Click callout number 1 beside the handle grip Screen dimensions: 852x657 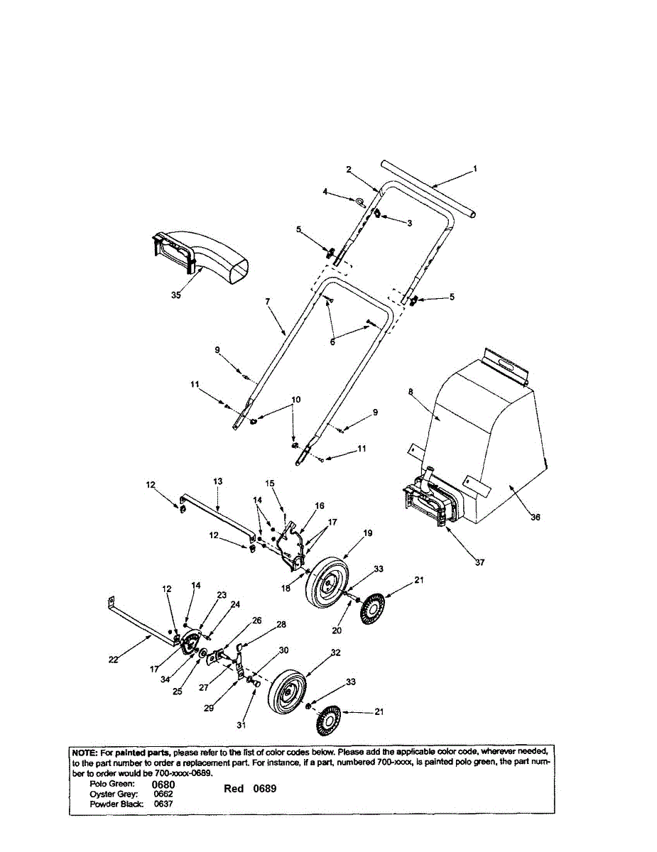(476, 169)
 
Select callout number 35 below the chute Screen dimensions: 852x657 (175, 295)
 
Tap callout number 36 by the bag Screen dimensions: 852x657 (536, 518)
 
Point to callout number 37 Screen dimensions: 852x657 (480, 562)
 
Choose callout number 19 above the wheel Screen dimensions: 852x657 (368, 532)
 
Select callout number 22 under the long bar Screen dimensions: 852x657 (114, 660)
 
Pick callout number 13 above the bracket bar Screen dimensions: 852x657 (218, 481)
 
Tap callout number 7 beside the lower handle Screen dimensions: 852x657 (268, 302)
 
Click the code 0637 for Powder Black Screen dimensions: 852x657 (163, 804)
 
